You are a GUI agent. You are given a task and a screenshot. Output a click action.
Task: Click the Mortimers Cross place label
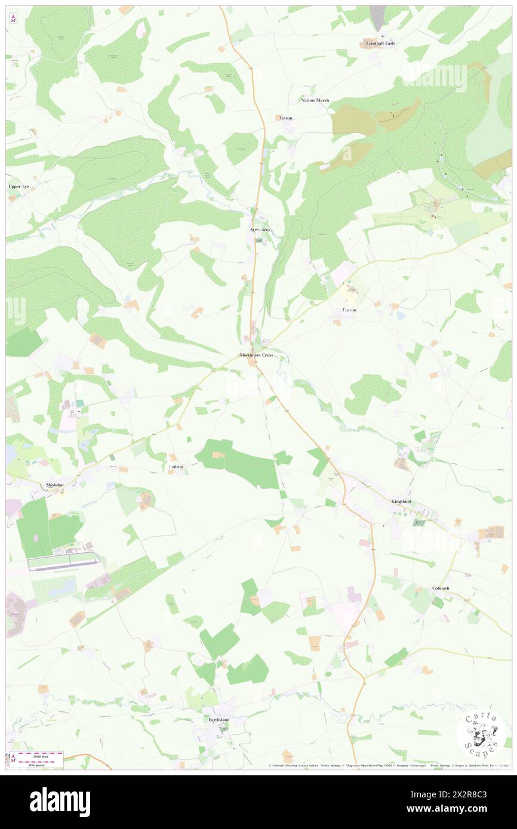pos(256,355)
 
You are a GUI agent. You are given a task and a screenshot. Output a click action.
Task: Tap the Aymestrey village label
pos(260,229)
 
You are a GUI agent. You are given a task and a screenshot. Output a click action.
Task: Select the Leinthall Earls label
pos(381,44)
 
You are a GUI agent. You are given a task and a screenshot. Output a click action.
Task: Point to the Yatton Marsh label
pos(315,100)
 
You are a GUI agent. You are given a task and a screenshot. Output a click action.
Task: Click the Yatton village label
pos(286,118)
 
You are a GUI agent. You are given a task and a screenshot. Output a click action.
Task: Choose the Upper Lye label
pos(19,187)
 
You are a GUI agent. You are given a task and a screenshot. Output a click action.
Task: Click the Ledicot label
pos(174,467)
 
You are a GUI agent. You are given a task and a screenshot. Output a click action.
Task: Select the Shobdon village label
pos(55,485)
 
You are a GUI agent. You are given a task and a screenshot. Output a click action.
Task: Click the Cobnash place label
pos(441,588)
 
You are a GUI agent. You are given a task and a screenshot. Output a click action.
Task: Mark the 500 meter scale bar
pos(41,756)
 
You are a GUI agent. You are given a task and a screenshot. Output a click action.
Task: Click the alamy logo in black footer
pos(60,802)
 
